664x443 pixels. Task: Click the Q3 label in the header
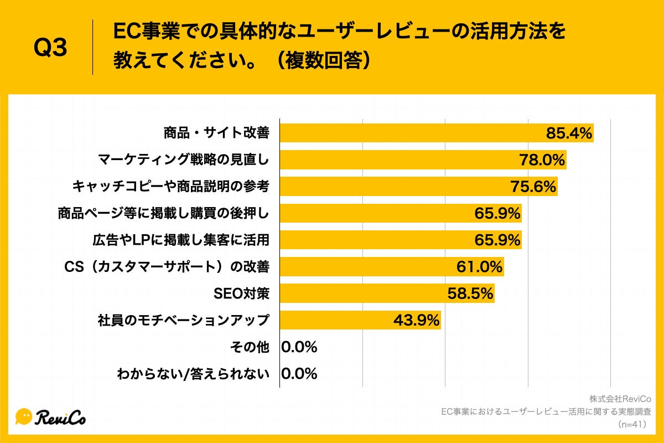click(x=50, y=48)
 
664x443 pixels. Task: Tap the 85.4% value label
click(x=569, y=133)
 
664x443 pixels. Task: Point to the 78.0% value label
click(x=542, y=160)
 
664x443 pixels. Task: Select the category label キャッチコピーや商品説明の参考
click(x=170, y=187)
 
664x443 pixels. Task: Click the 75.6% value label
click(x=532, y=187)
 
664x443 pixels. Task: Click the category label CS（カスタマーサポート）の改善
click(x=167, y=267)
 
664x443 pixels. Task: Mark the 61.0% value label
click(x=479, y=267)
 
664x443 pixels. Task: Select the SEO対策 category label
click(x=241, y=293)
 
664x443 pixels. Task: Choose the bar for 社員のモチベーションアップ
click(x=360, y=320)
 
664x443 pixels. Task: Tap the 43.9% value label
click(x=416, y=320)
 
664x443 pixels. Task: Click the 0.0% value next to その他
click(x=299, y=347)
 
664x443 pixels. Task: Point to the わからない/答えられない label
click(x=193, y=374)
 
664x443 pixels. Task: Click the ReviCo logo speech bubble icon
click(x=24, y=416)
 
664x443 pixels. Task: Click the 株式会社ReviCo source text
click(x=620, y=399)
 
